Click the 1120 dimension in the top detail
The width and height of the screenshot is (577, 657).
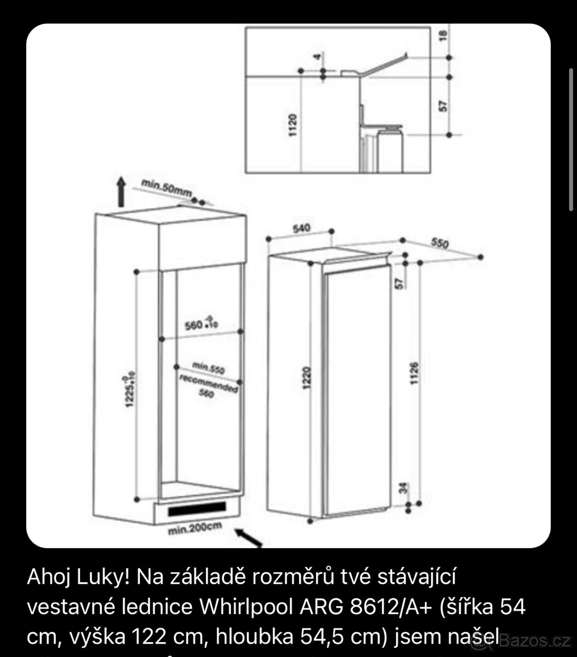292,125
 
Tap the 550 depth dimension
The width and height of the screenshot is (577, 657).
440,244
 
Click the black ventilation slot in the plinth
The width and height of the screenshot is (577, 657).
197,510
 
